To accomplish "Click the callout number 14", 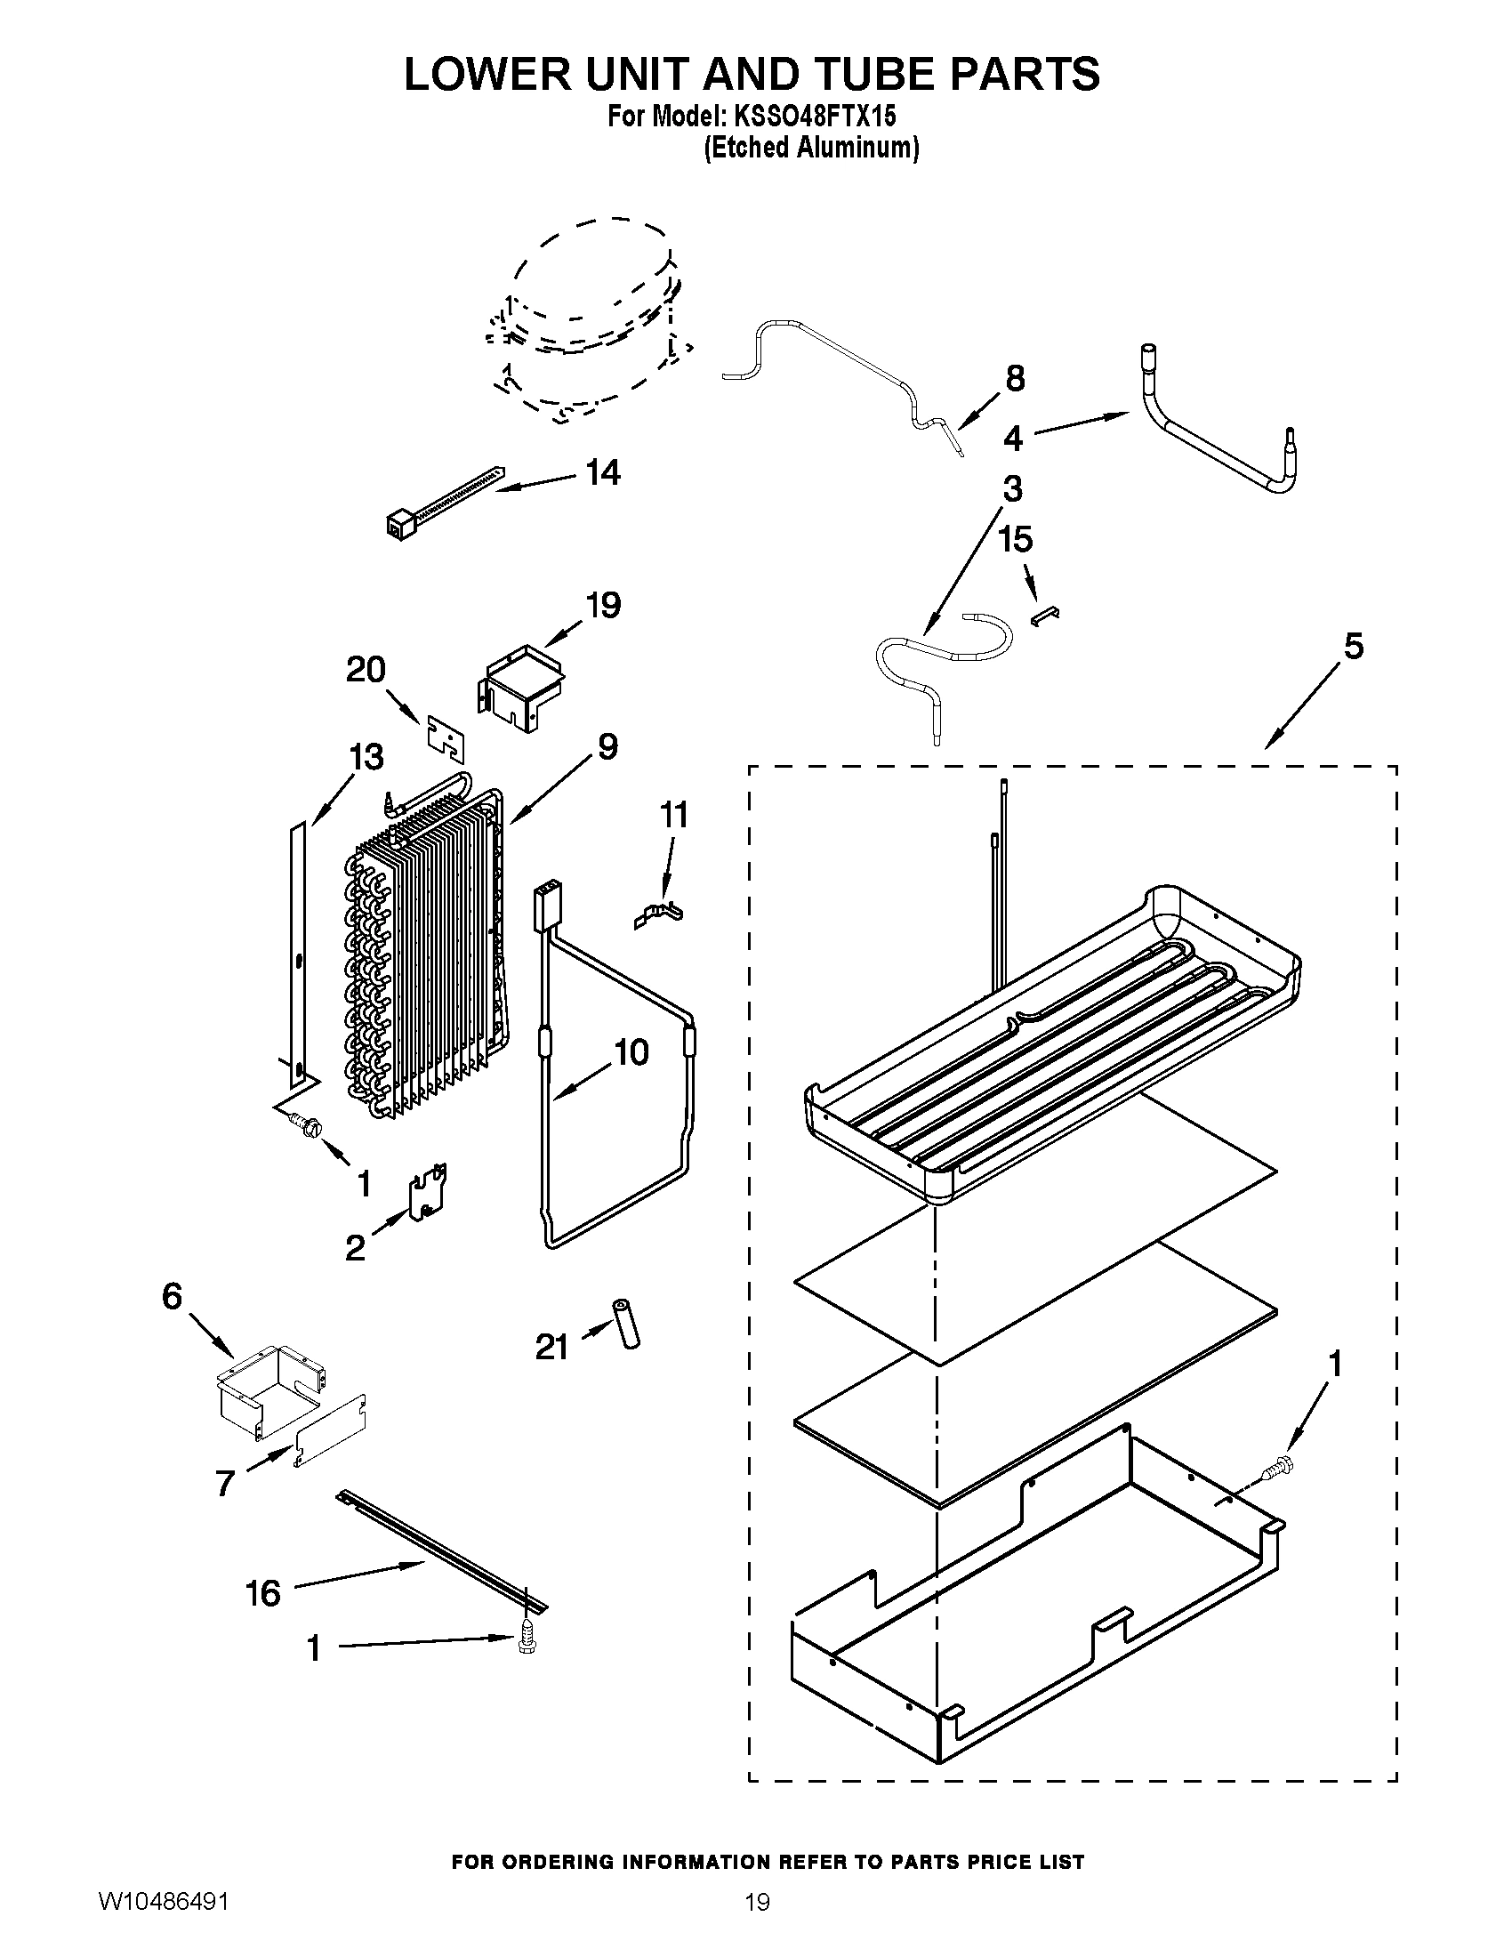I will (603, 472).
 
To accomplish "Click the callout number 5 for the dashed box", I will (1353, 646).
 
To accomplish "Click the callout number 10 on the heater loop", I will (631, 1052).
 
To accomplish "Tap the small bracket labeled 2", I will (427, 1192).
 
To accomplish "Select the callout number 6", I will (171, 1297).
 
